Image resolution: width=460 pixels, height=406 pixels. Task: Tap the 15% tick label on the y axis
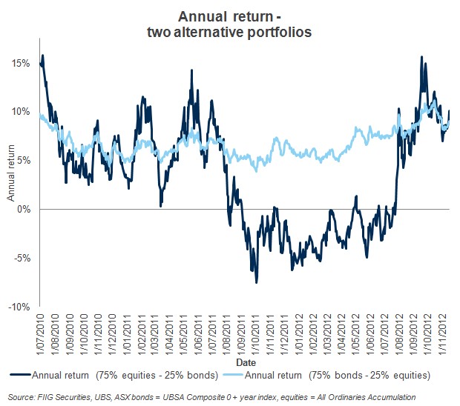(20, 63)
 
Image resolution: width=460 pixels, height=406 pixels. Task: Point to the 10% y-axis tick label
(20, 112)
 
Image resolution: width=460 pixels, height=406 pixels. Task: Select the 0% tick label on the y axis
(22, 209)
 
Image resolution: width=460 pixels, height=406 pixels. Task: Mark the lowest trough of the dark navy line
(257, 282)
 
